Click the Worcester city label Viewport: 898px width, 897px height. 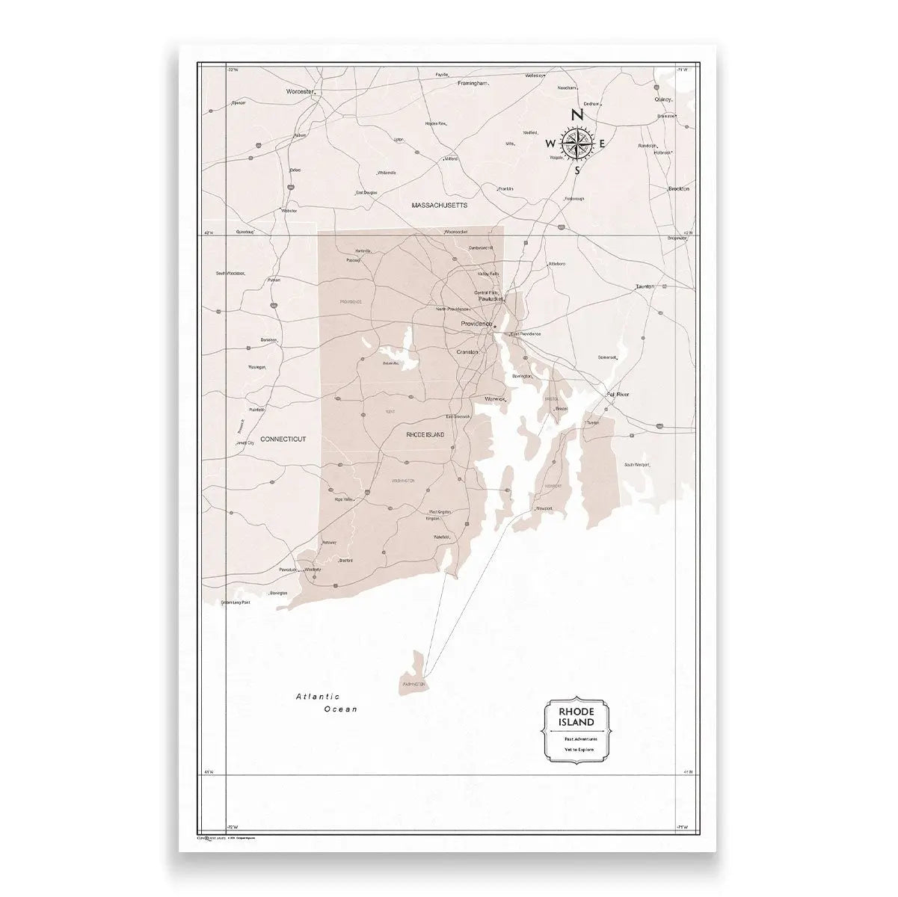pyautogui.click(x=298, y=91)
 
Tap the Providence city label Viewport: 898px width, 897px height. pyautogui.click(x=476, y=324)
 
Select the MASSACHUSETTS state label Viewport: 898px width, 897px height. pyautogui.click(x=439, y=204)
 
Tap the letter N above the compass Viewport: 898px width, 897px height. pyautogui.click(x=576, y=115)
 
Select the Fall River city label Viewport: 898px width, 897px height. pyautogui.click(x=618, y=393)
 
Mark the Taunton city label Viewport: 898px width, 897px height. pyautogui.click(x=645, y=286)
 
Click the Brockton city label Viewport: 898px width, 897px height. pyautogui.click(x=678, y=189)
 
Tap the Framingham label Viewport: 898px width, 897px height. pyautogui.click(x=473, y=83)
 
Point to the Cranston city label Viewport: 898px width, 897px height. pyautogui.click(x=467, y=351)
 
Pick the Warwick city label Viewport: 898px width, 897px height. pyautogui.click(x=496, y=399)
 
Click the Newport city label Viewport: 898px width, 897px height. pyautogui.click(x=544, y=508)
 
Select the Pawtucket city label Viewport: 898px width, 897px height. pyautogui.click(x=491, y=298)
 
